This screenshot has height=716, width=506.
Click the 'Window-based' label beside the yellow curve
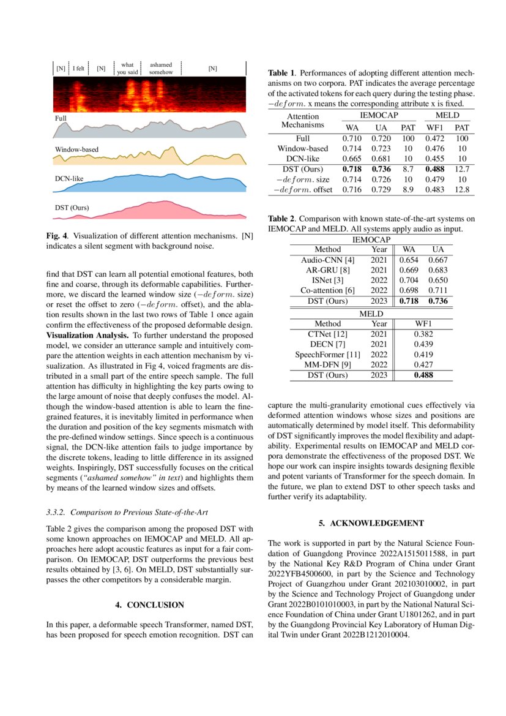76,149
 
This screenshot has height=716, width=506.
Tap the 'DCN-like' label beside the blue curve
69,179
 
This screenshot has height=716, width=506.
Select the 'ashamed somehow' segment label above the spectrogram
161,68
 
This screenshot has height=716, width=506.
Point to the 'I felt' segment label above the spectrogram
78,69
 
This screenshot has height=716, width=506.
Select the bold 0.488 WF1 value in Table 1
435,168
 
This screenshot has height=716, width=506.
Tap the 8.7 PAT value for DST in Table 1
407,168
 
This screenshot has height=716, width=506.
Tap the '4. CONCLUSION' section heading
149,605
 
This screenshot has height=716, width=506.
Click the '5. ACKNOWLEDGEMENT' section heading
371,523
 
